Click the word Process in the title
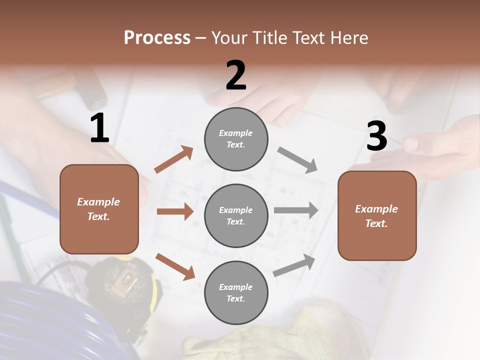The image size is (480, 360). [x=157, y=38]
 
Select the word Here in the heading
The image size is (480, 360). [x=348, y=38]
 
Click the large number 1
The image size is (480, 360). [x=99, y=128]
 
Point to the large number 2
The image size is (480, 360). [x=236, y=75]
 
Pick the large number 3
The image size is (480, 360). [x=377, y=136]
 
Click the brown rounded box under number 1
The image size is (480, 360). [x=99, y=209]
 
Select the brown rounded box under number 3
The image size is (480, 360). [x=377, y=216]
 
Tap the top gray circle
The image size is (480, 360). [x=236, y=139]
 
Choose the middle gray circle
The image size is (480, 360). [x=236, y=216]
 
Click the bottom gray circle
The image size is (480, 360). [x=236, y=293]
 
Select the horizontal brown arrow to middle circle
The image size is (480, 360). [x=175, y=211]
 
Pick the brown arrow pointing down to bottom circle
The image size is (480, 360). [x=175, y=266]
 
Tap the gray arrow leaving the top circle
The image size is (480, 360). [x=297, y=160]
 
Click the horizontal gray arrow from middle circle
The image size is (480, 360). [x=296, y=210]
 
